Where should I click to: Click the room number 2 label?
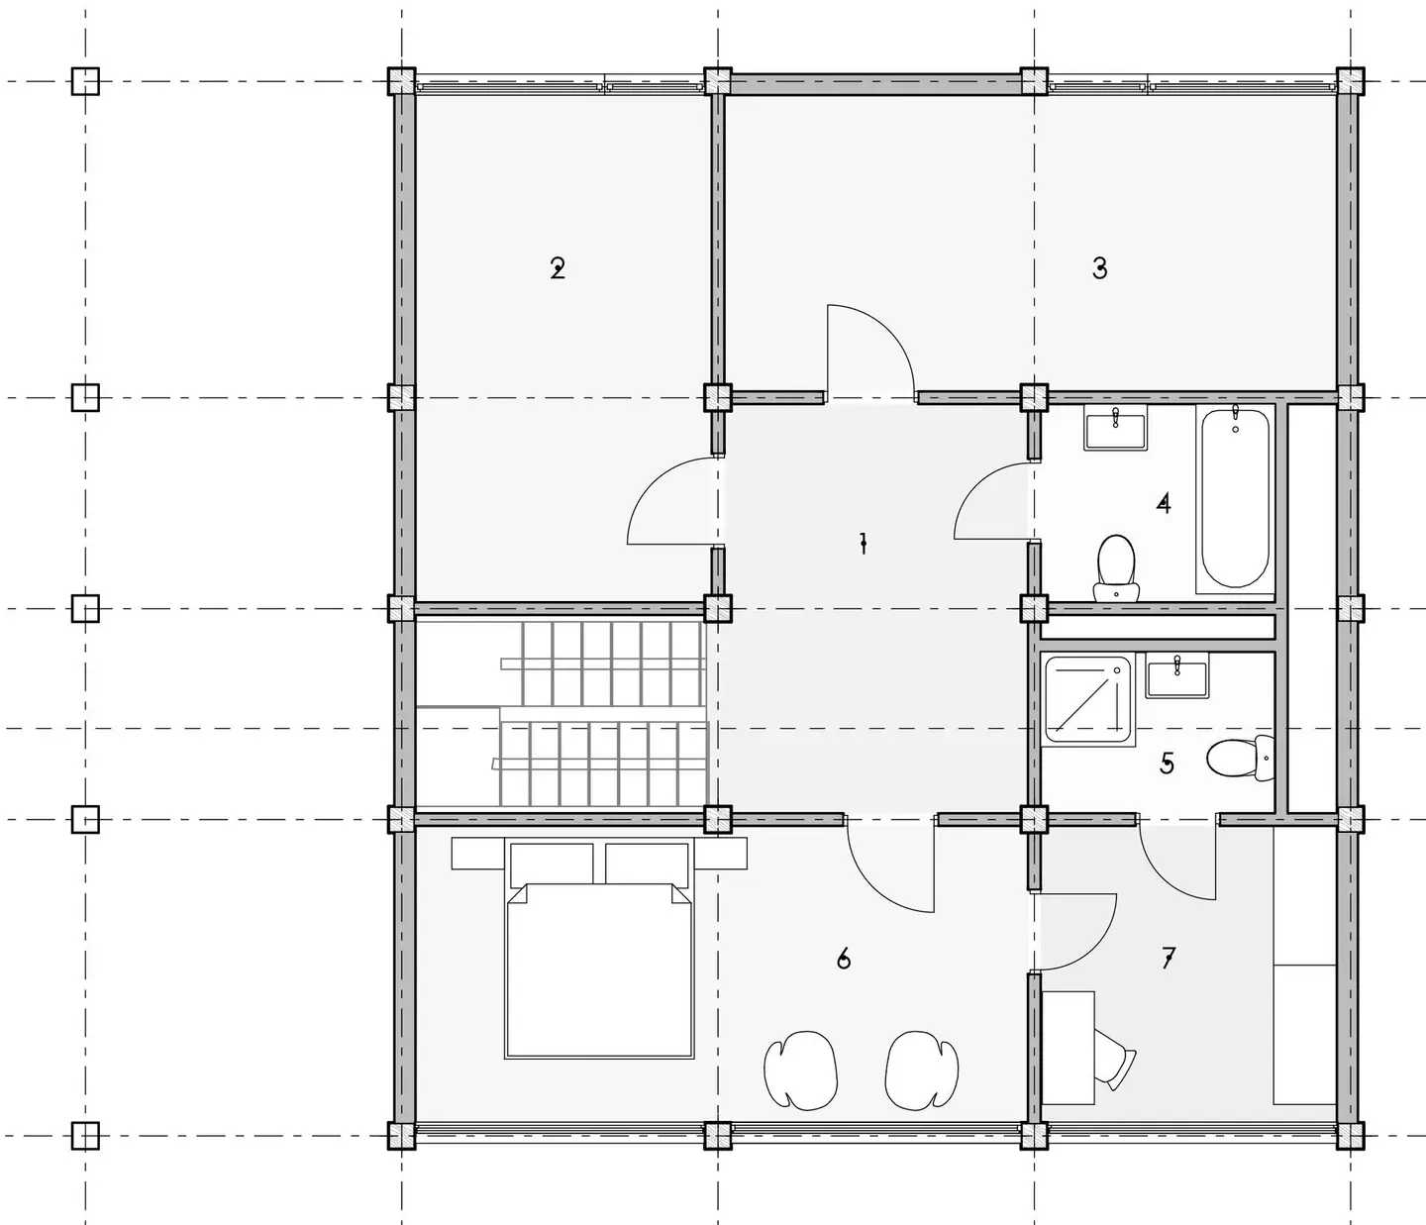click(558, 268)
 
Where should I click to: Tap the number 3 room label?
click(1099, 267)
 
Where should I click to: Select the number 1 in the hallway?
click(864, 543)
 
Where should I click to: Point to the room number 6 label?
click(843, 959)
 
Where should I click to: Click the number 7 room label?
click(1168, 958)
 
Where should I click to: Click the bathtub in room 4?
click(1235, 499)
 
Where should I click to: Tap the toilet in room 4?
click(1116, 568)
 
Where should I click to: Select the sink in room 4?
click(1116, 428)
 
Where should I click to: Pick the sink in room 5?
click(1177, 675)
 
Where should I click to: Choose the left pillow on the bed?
click(552, 864)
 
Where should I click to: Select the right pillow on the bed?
click(647, 864)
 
